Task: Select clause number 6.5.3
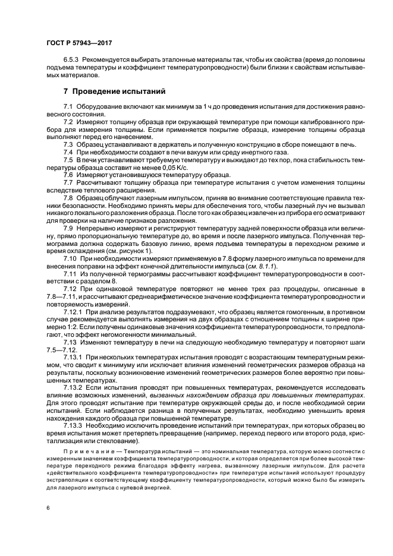click(71, 61)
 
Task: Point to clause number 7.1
click(68, 106)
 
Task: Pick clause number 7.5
click(68, 161)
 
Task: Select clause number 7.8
click(68, 197)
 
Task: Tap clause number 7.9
click(68, 228)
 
